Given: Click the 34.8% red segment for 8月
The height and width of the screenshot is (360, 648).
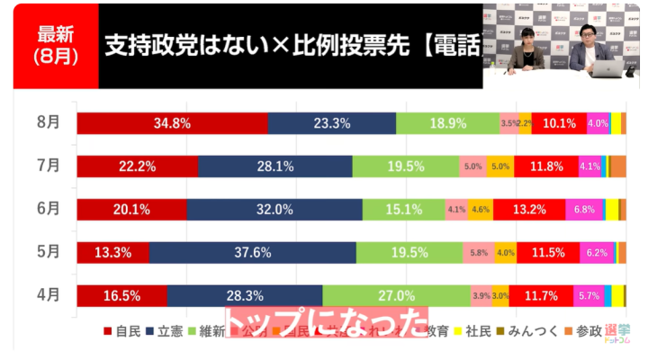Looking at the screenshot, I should [x=172, y=123].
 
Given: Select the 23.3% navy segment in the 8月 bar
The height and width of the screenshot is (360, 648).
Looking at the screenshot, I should [x=331, y=123].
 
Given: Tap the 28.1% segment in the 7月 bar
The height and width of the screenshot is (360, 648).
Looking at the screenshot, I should [x=274, y=166].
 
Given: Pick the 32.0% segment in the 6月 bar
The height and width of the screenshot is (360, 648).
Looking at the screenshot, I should [x=274, y=210].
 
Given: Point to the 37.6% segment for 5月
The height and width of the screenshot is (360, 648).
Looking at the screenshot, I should [x=252, y=253].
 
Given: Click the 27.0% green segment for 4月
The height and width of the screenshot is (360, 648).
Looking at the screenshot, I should [x=396, y=295].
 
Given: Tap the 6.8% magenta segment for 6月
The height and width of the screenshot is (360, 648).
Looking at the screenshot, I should [x=583, y=210].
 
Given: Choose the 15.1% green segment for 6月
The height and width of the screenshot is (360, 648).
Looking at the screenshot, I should [x=404, y=210].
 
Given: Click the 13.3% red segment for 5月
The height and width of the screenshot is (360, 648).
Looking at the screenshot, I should [x=112, y=253].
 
